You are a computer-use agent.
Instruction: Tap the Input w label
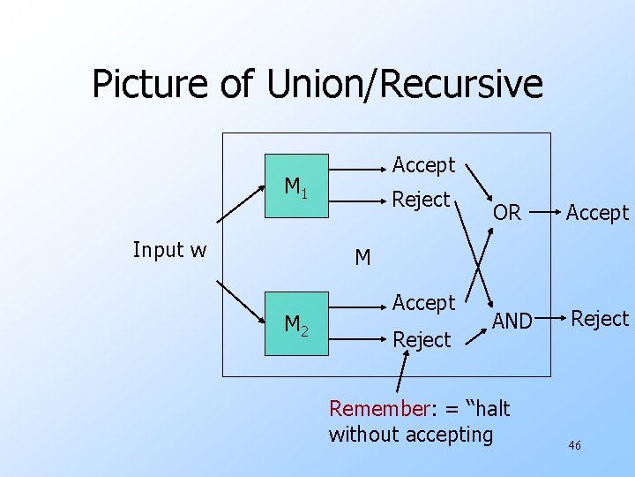point(169,250)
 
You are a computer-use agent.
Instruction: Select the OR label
point(506,213)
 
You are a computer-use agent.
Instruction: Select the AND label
point(512,322)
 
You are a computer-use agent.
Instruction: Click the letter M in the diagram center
point(362,258)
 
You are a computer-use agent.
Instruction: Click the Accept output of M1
point(423,165)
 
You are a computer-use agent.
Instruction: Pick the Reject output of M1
point(421,200)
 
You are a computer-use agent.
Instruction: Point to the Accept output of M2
point(423,303)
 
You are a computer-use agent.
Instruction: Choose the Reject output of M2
point(421,340)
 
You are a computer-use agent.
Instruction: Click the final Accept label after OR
point(597,213)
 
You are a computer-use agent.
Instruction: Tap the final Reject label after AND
point(600,319)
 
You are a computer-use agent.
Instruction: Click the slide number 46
point(574,446)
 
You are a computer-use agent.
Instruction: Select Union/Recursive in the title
point(397,85)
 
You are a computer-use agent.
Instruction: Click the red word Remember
point(377,408)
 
